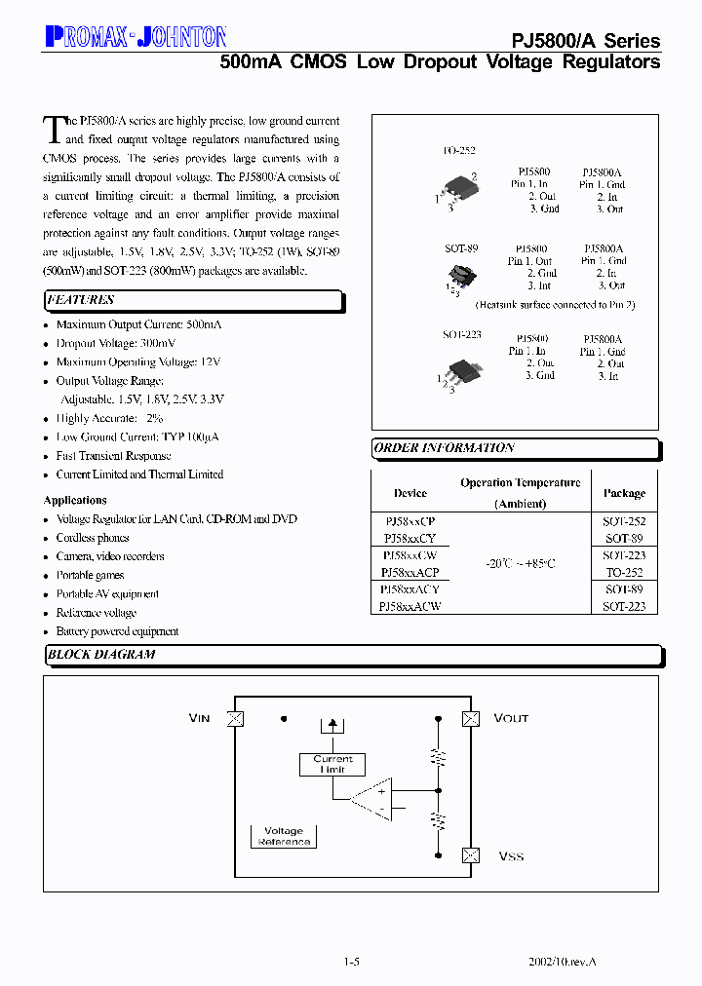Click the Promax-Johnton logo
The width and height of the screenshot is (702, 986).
click(136, 37)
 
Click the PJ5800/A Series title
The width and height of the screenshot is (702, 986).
click(586, 41)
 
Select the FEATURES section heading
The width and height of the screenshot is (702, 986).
click(81, 300)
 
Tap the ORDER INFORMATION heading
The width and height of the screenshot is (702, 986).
click(444, 448)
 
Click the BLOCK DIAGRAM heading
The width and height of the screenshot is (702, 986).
click(101, 655)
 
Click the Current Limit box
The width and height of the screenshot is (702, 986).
click(332, 764)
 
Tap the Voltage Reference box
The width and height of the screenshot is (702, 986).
click(284, 836)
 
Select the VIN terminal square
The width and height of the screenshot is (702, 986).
click(234, 719)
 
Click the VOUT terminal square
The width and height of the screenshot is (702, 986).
click(471, 719)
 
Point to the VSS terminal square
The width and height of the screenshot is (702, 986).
click(471, 855)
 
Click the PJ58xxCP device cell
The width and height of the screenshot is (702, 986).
click(409, 522)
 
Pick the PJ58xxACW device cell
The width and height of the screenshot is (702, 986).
click(409, 606)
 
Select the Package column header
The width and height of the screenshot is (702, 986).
click(624, 493)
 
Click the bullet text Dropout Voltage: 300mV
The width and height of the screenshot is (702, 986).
click(116, 343)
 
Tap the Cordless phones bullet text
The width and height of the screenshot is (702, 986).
click(93, 538)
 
